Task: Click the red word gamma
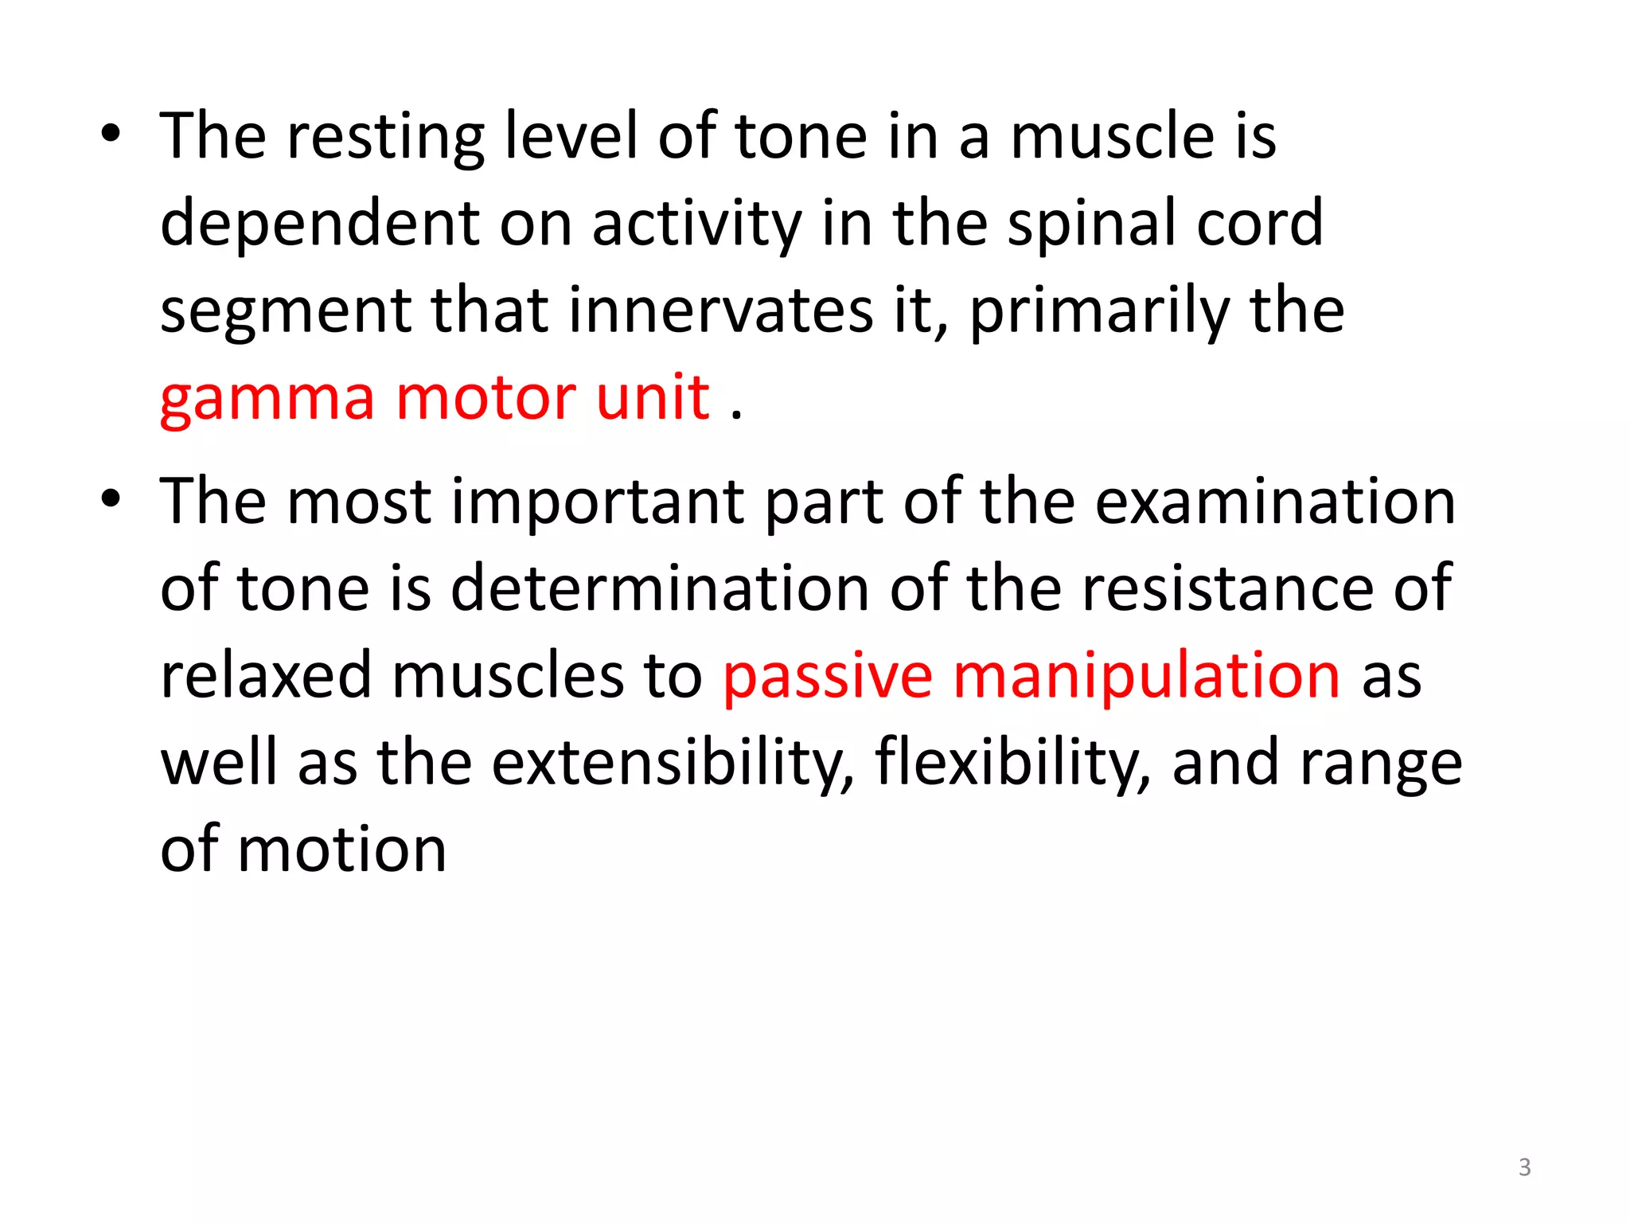click(x=267, y=398)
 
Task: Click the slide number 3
click(x=1524, y=1167)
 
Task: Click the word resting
click(x=386, y=137)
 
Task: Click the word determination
click(x=661, y=589)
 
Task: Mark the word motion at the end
click(x=342, y=850)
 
